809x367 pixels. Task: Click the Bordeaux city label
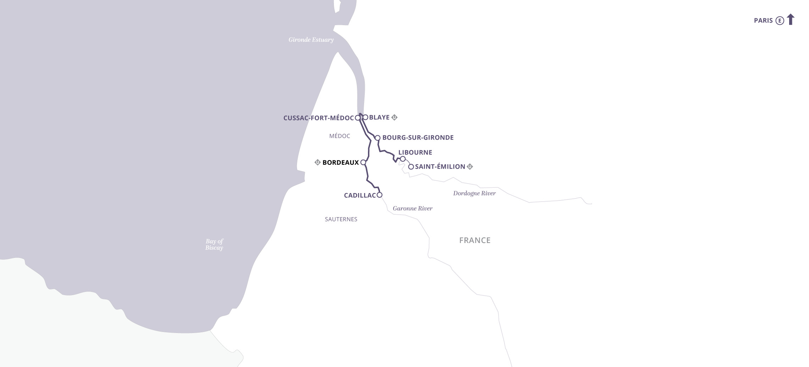click(340, 163)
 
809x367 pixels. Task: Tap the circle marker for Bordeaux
click(363, 163)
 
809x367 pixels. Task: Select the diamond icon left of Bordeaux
click(318, 163)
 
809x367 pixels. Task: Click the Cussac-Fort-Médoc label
click(318, 118)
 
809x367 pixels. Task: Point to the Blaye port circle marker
click(365, 117)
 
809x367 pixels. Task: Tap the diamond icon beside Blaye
click(394, 117)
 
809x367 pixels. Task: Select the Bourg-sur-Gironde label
click(418, 137)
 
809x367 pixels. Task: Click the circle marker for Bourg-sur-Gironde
click(378, 138)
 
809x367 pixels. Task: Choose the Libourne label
click(415, 152)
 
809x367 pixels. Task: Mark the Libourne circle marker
click(403, 159)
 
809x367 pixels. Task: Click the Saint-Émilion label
click(440, 166)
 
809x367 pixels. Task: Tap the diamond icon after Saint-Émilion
click(470, 166)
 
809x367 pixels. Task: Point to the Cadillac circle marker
click(379, 195)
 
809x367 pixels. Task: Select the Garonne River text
click(412, 208)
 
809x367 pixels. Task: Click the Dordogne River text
click(474, 193)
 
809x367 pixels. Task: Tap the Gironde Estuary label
click(311, 40)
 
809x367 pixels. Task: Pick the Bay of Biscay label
click(214, 244)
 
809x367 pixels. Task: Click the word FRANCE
click(475, 240)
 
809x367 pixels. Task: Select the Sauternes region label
click(341, 219)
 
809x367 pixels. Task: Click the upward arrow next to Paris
click(791, 19)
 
